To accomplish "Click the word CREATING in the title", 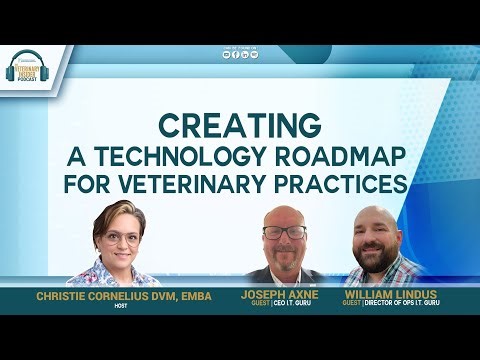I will [x=240, y=127].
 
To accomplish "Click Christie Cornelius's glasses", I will [x=121, y=239].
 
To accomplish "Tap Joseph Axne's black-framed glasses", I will [x=285, y=232].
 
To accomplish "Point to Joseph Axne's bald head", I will [x=285, y=214].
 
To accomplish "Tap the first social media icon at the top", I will [x=226, y=54].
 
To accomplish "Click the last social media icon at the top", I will [x=254, y=54].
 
